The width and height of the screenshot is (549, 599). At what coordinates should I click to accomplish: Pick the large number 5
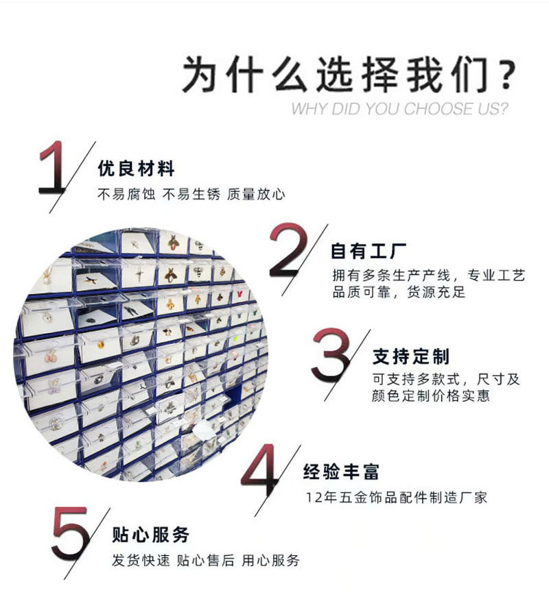[x=71, y=534]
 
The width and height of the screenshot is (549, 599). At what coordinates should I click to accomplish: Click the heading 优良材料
[x=136, y=169]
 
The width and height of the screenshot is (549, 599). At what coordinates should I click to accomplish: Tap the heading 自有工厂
[x=369, y=251]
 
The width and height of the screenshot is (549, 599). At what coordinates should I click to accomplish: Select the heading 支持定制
[x=411, y=356]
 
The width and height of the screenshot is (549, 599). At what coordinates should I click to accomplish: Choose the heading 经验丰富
[x=341, y=472]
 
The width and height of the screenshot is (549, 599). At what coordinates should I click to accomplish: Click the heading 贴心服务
[x=151, y=535]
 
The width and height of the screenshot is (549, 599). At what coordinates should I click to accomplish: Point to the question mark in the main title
[x=507, y=74]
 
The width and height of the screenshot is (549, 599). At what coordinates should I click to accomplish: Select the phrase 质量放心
[x=256, y=195]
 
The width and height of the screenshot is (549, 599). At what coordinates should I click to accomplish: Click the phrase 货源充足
[x=436, y=292]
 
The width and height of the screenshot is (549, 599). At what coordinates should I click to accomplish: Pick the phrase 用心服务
[x=270, y=561]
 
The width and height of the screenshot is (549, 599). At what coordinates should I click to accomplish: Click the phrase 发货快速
[x=141, y=561]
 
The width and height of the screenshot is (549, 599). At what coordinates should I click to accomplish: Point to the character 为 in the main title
[x=201, y=74]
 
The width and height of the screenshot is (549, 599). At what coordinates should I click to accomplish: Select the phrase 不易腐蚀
[x=127, y=195]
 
